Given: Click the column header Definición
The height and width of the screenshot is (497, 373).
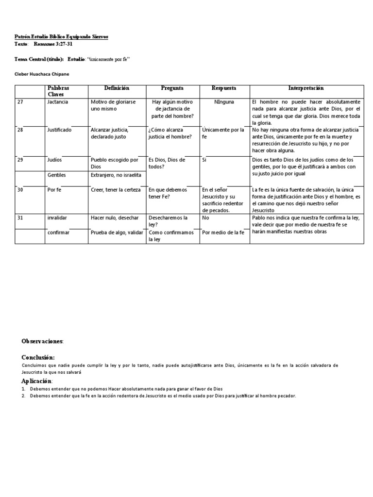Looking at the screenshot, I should coord(117,88).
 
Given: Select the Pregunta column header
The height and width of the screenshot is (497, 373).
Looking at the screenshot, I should coord(172,88).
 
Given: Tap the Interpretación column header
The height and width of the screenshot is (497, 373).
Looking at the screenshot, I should coord(306,88).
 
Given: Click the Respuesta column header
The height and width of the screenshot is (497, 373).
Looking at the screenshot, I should coord(224,88).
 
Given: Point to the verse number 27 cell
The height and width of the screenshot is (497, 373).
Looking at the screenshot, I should coord(20,102).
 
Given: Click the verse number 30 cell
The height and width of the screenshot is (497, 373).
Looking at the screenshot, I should coord(20,190).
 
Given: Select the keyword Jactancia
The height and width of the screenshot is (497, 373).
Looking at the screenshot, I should coord(58,102).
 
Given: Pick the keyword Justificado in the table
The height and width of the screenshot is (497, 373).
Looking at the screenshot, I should coord(59,130).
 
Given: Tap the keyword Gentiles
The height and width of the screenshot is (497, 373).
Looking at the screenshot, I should coord(57,175).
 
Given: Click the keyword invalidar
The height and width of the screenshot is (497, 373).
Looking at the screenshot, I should coord(57,218).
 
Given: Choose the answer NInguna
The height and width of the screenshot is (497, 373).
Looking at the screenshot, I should coord(224,102).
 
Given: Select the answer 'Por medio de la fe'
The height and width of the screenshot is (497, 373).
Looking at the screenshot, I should coord(223,233).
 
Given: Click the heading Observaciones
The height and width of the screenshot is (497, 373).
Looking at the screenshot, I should coord(42,342).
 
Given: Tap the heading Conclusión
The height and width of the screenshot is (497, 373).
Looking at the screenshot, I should coord(41,357).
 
